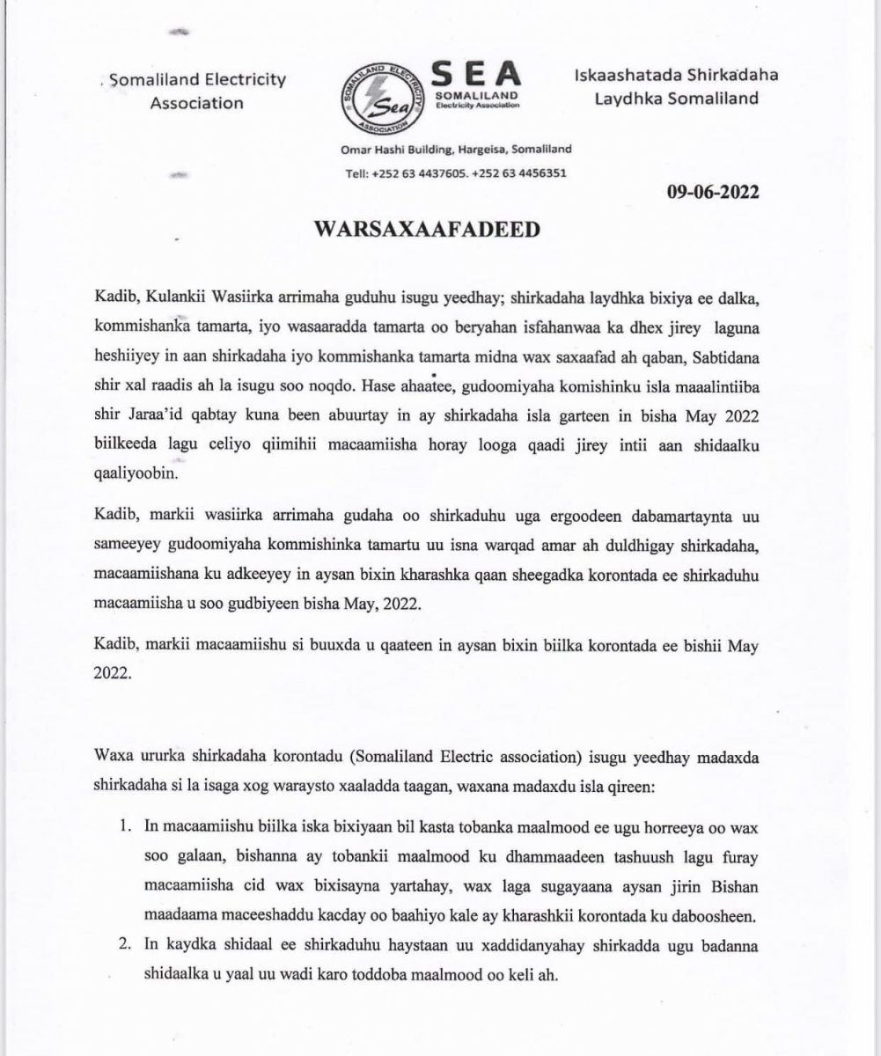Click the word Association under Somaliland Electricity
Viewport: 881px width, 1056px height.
click(196, 103)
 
